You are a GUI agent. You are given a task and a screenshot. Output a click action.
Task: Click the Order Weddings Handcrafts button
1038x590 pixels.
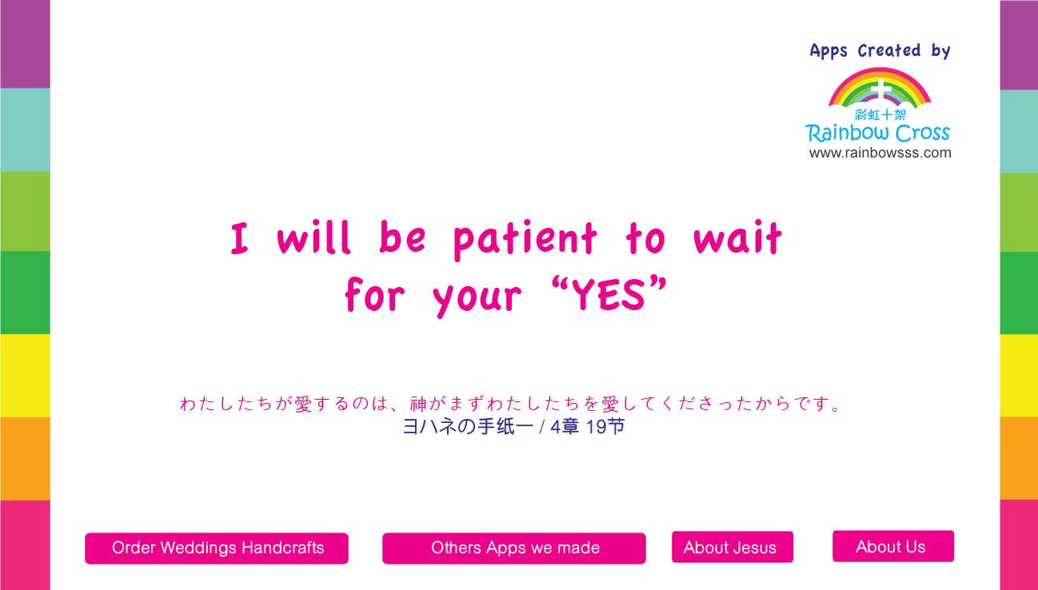pos(217,548)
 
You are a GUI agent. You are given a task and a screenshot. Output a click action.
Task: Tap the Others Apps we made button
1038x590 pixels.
pos(514,548)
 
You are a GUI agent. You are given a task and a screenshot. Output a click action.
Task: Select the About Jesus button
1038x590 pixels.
pos(733,547)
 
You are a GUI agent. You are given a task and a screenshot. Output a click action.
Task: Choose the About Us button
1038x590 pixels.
pos(893,547)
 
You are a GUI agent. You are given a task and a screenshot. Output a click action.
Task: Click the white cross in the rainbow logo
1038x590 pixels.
pos(881,90)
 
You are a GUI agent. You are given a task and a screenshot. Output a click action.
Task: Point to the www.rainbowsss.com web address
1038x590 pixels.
pos(880,153)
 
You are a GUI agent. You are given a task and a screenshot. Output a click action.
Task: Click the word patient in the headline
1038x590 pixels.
pos(525,239)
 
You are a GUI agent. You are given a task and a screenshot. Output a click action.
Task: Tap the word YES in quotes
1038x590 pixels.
pos(608,295)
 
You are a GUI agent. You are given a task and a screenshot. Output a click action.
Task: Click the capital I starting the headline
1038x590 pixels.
pos(239,238)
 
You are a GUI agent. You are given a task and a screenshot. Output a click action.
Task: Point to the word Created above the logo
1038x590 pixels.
pos(888,50)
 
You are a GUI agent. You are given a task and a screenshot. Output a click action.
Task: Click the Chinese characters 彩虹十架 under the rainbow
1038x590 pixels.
pos(880,115)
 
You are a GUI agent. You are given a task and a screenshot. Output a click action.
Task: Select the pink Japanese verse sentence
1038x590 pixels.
pos(510,404)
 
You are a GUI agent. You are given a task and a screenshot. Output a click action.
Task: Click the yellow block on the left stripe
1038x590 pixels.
pos(25,376)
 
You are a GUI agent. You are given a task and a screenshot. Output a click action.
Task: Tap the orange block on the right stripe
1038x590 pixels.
pos(1019,459)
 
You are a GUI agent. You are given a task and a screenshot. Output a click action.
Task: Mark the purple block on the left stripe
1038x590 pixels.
pos(25,44)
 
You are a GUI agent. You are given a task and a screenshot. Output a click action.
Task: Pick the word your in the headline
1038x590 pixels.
pos(477,297)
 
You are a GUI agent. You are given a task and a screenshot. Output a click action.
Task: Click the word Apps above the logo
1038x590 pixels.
pos(828,51)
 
